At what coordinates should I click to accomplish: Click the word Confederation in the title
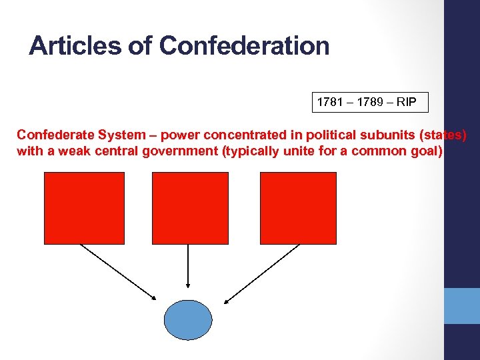(x=245, y=46)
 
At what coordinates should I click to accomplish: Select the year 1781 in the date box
(x=329, y=103)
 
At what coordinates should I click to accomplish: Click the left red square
(x=84, y=207)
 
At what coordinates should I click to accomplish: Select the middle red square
(x=190, y=207)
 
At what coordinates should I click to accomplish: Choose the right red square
(x=298, y=207)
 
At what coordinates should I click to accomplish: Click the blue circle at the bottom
(x=188, y=320)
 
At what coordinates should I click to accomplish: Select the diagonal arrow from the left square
(x=118, y=272)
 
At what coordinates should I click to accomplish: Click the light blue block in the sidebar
(x=462, y=305)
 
